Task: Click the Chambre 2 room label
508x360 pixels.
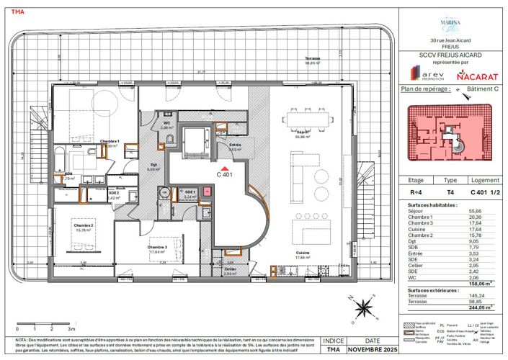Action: click(84, 226)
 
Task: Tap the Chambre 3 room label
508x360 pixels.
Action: click(159, 248)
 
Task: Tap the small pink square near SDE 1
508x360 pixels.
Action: click(208, 192)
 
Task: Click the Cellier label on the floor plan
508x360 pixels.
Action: click(230, 269)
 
